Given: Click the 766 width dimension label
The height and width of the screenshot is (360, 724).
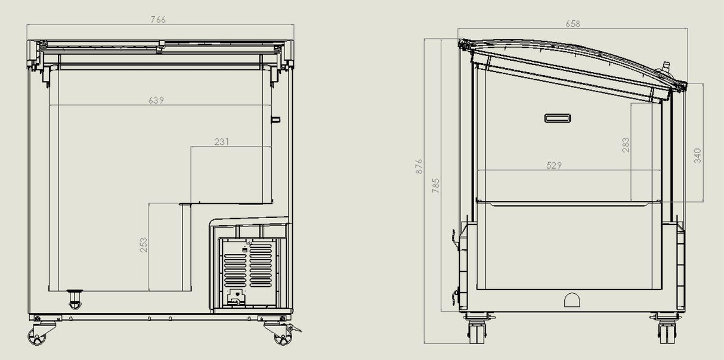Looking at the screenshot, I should (x=157, y=20).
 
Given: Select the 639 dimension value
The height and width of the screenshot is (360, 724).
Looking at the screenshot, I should (x=156, y=100).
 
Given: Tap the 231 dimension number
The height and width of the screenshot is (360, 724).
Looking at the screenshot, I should (x=221, y=142).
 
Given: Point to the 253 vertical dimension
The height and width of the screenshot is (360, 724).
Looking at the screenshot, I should (x=144, y=245).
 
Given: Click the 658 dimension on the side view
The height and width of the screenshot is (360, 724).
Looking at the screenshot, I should (x=572, y=24).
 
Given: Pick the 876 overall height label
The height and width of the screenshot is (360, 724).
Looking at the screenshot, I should (x=419, y=166).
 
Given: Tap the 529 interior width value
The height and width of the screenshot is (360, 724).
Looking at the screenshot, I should (x=554, y=166).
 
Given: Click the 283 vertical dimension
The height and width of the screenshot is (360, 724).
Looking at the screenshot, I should (x=626, y=145).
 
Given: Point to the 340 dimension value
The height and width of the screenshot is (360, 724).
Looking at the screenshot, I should (x=697, y=156).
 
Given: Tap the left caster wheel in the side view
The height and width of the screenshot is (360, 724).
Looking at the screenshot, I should (x=477, y=331).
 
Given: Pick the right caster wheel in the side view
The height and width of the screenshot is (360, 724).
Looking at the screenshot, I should (x=666, y=331).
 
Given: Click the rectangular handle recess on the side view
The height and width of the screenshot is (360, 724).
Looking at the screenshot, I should (x=558, y=118).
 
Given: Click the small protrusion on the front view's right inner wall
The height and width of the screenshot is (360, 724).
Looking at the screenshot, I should (x=276, y=119).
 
